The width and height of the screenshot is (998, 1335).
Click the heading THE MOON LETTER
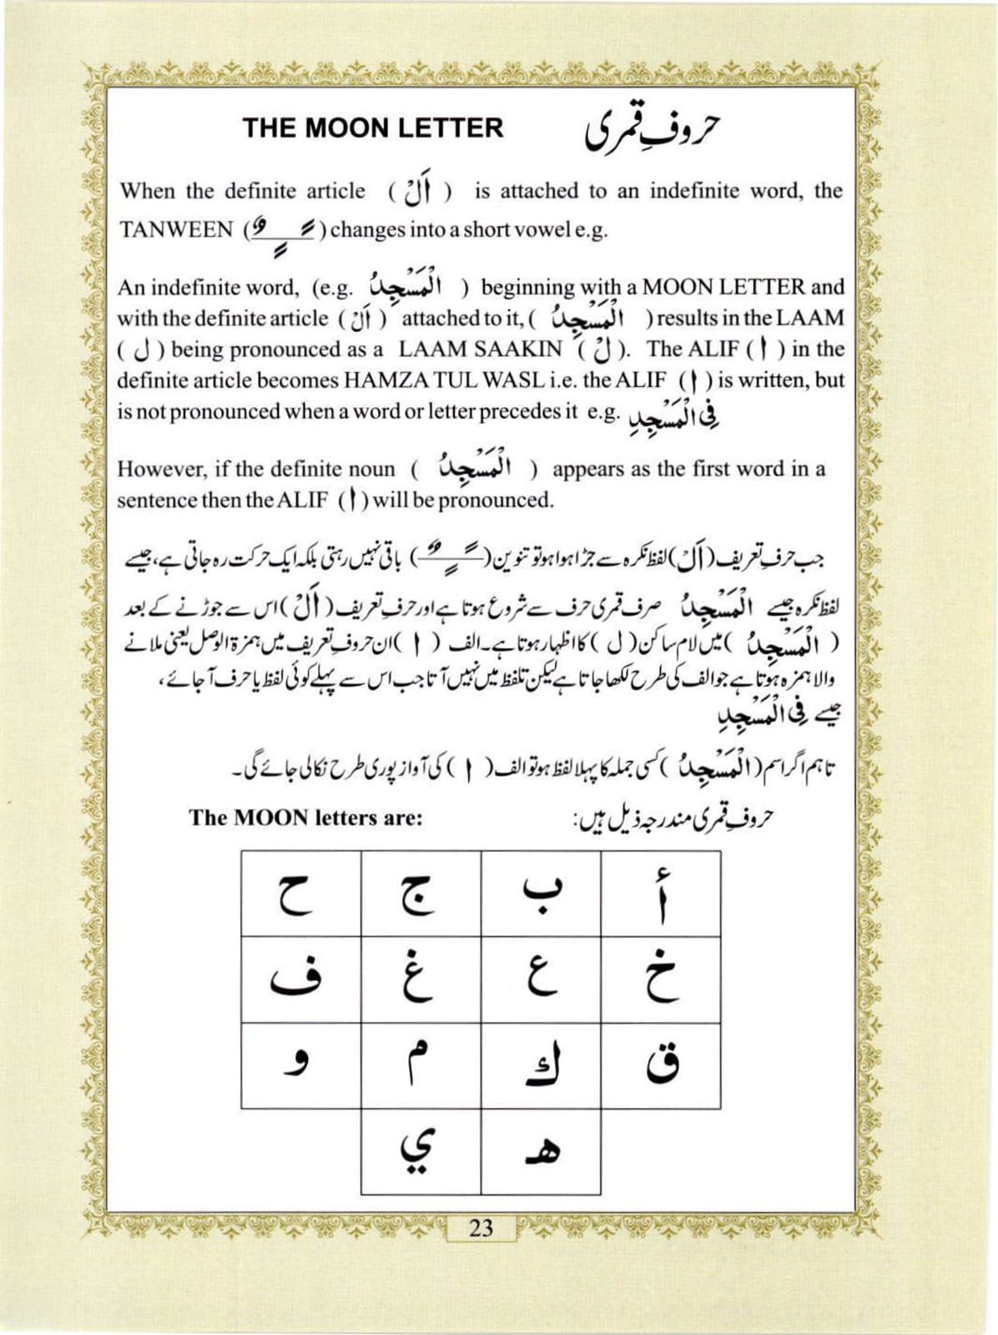tap(373, 128)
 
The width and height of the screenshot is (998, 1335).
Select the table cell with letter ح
tap(301, 894)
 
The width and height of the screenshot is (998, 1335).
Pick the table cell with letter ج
tap(421, 894)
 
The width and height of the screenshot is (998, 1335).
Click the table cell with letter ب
tap(542, 894)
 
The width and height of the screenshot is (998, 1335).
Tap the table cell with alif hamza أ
tap(661, 894)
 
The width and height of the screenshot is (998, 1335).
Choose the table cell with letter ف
tap(301, 980)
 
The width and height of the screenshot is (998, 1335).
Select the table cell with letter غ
tap(421, 980)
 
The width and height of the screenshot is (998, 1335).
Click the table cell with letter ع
tap(542, 980)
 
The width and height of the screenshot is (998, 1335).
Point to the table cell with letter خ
tap(661, 980)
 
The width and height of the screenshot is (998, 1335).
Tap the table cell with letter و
tap(301, 1066)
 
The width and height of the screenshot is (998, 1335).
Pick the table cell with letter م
tap(421, 1066)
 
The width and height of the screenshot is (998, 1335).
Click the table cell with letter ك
tap(542, 1066)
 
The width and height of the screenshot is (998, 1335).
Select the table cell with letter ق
tap(661, 1066)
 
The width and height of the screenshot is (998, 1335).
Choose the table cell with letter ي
tap(421, 1151)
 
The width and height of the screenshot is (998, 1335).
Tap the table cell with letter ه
tap(542, 1151)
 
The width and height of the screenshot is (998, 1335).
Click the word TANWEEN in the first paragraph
tap(176, 230)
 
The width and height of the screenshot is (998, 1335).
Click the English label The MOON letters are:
tap(305, 818)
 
